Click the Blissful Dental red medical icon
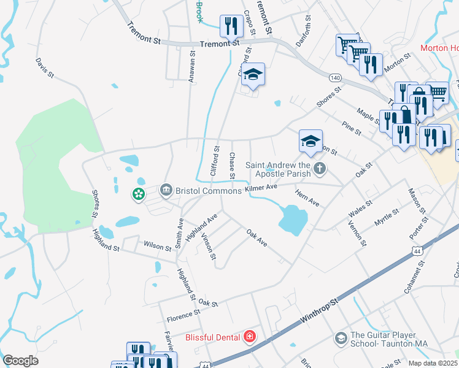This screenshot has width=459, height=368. click(x=250, y=337)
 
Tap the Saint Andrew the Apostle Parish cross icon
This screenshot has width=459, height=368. click(x=319, y=168)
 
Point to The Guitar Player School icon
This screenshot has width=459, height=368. click(x=341, y=338)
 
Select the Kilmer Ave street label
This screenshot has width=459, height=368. click(x=261, y=188)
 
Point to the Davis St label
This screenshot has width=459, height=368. click(x=45, y=69)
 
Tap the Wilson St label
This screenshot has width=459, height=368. click(x=157, y=246)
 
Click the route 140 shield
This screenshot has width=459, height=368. click(x=335, y=78)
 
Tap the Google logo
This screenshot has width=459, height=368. click(x=20, y=361)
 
